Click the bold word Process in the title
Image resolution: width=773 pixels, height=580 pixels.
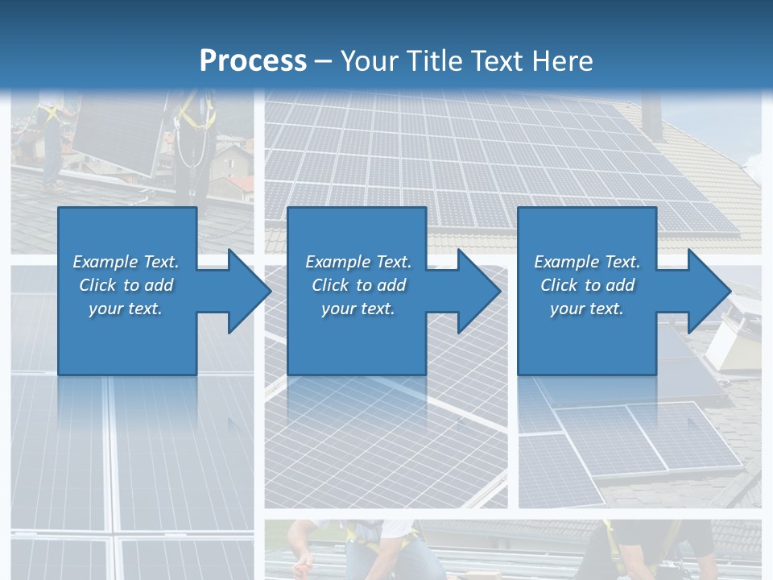(x=253, y=61)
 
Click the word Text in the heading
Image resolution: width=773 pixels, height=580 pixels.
(x=498, y=61)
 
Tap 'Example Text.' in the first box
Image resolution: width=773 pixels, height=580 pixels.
(x=126, y=262)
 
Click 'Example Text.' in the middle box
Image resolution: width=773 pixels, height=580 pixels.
(x=358, y=262)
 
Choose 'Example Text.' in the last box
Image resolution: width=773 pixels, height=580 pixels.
(x=587, y=262)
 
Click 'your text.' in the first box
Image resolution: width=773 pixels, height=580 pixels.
(x=126, y=309)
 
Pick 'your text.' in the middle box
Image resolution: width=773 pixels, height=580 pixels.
(x=358, y=309)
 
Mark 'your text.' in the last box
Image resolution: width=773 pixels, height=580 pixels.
(x=587, y=309)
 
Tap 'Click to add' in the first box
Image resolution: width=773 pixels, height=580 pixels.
(x=126, y=285)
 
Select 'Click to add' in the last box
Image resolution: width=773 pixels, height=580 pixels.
(x=587, y=285)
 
